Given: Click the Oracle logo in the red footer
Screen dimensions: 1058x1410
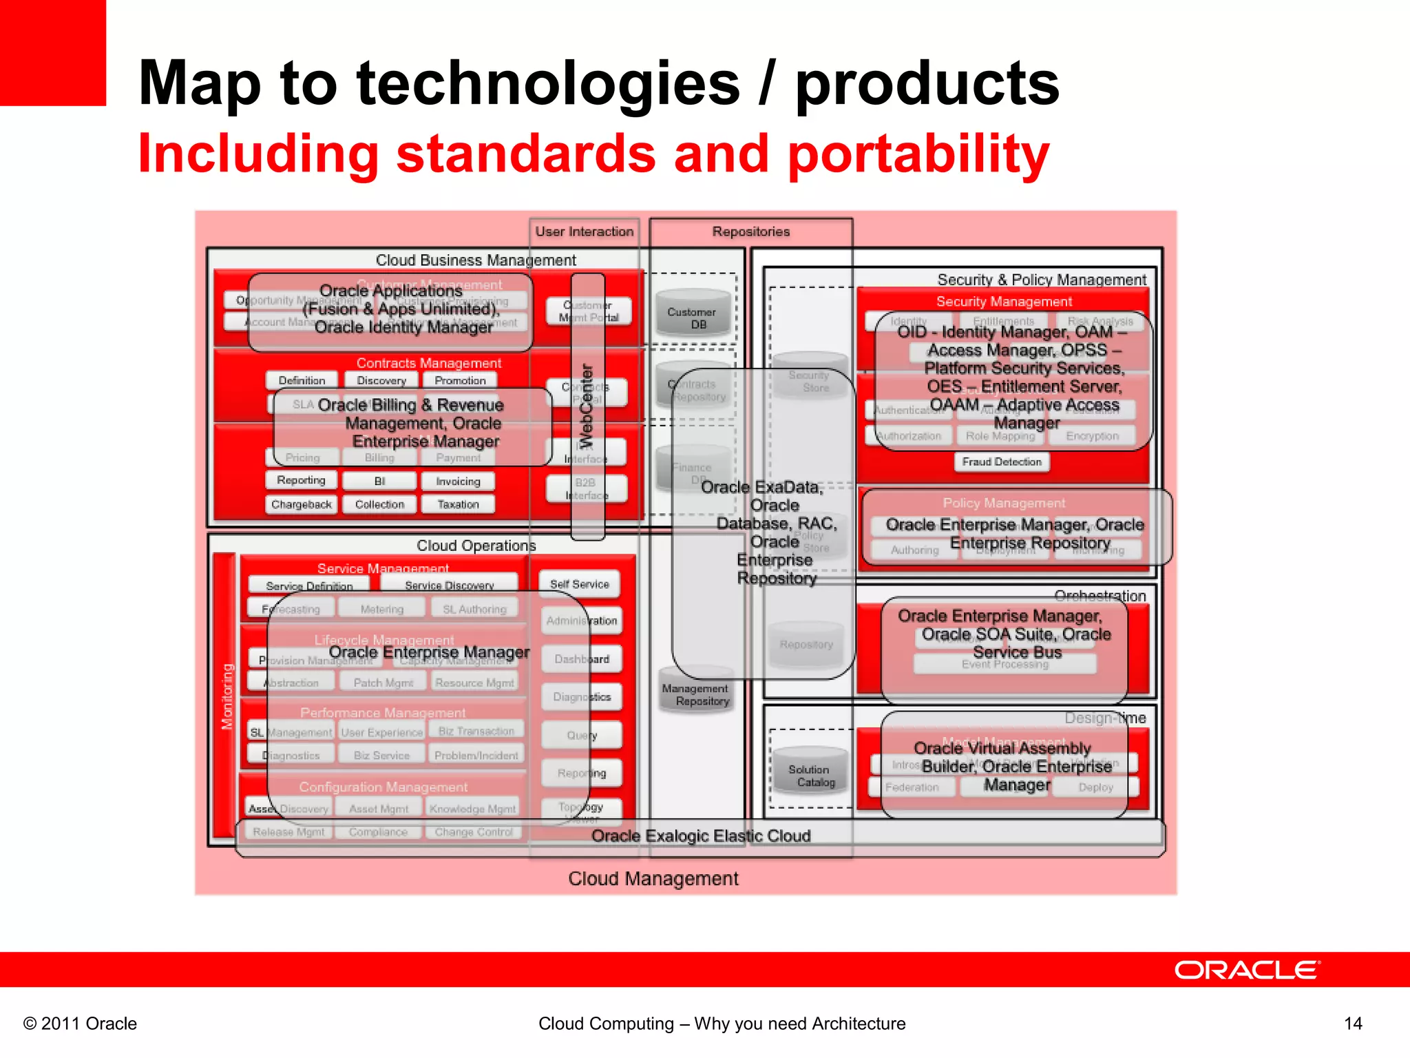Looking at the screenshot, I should coord(1246,970).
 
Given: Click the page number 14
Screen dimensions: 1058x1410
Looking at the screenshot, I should coord(1352,1024).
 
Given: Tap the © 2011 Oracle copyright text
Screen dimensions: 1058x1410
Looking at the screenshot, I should coord(80,1024).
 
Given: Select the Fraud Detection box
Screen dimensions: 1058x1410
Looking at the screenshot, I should coord(1002,461).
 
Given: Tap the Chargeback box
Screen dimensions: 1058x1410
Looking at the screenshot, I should coord(301,504).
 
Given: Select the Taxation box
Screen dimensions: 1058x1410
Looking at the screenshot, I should coord(458,504).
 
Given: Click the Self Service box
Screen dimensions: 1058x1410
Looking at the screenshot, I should coord(579,584).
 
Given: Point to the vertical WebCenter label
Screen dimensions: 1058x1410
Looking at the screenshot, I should coord(587,406).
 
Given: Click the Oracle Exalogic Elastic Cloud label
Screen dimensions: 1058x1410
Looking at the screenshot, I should coord(700,836).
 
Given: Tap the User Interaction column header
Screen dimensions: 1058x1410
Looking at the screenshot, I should coord(584,231).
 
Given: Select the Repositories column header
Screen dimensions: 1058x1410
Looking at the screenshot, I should coord(750,231).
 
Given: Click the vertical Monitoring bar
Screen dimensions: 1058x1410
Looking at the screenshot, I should coord(225,696).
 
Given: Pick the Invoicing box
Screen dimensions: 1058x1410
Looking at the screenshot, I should coord(458,481).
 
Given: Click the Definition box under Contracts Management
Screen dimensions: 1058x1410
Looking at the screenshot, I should coord(302,380).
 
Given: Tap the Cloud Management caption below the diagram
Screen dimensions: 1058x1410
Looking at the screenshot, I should coord(653,878).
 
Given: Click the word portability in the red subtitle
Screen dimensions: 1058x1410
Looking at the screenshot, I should coord(918,154).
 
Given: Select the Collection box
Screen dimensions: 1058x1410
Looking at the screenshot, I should coord(379,504).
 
